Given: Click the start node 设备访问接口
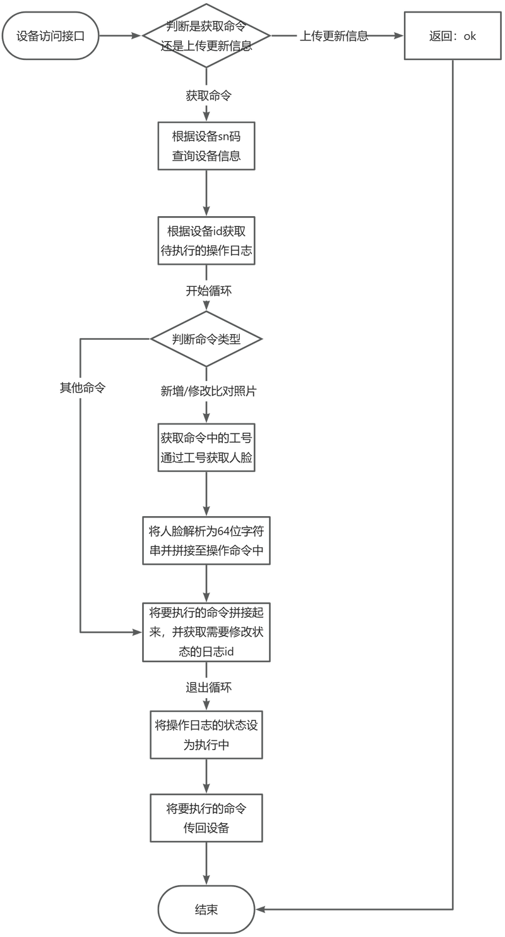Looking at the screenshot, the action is pyautogui.click(x=50, y=35).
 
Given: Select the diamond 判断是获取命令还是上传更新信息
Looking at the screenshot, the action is pyautogui.click(x=206, y=35).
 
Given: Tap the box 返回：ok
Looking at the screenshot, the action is pyautogui.click(x=453, y=35).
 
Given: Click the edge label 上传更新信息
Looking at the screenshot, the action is pyautogui.click(x=333, y=36).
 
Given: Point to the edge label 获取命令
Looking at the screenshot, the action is pyautogui.click(x=208, y=96).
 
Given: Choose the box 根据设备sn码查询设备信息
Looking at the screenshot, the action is pyautogui.click(x=206, y=146).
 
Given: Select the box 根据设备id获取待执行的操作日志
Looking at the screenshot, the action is pyautogui.click(x=206, y=241).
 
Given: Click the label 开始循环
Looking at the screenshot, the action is pyautogui.click(x=208, y=291).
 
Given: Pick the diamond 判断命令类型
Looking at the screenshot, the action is pyautogui.click(x=206, y=339).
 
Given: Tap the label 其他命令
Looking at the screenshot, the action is pyautogui.click(x=82, y=388).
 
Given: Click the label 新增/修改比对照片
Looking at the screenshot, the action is pyautogui.click(x=208, y=391).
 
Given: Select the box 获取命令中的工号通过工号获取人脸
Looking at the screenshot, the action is pyautogui.click(x=206, y=447).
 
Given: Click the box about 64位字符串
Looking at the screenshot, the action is pyautogui.click(x=206, y=540).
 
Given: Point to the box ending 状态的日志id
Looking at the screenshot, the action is pyautogui.click(x=206, y=632).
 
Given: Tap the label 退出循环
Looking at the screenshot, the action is pyautogui.click(x=208, y=687).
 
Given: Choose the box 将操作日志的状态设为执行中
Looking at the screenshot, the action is pyautogui.click(x=206, y=735).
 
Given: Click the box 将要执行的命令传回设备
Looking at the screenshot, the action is pyautogui.click(x=206, y=818).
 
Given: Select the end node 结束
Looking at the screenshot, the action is pyautogui.click(x=206, y=909).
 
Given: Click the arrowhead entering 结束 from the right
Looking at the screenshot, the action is pyautogui.click(x=260, y=909).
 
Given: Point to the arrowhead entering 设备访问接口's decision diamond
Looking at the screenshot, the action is pyautogui.click(x=137, y=35).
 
